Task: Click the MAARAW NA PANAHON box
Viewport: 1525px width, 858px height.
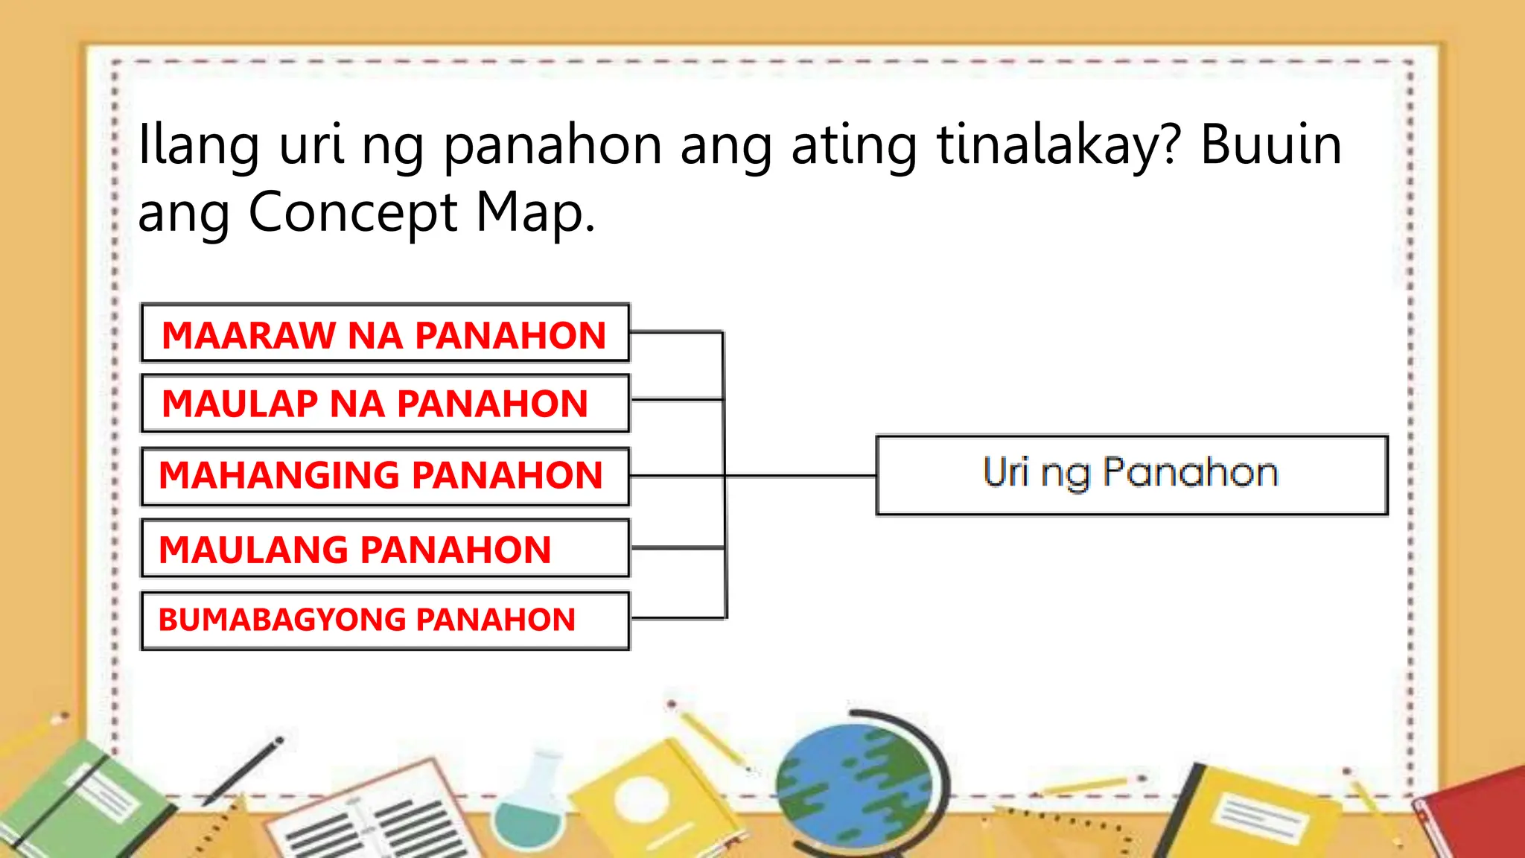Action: (x=385, y=333)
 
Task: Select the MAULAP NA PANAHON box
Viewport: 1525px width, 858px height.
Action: (x=385, y=403)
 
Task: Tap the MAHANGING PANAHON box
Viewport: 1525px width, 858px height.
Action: (x=385, y=476)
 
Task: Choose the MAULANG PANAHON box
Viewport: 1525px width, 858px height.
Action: (x=385, y=549)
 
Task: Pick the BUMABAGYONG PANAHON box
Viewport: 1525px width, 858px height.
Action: (x=385, y=620)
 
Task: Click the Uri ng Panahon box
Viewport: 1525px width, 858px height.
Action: (x=1131, y=475)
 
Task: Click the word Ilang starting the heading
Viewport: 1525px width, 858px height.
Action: (x=199, y=145)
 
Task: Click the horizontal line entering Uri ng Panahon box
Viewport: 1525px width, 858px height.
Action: (x=800, y=475)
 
